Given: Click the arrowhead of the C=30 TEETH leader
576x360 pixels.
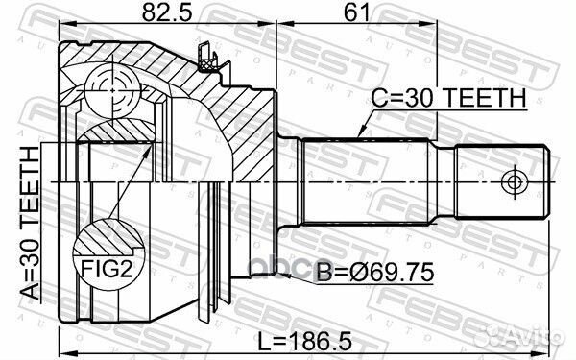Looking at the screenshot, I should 358,134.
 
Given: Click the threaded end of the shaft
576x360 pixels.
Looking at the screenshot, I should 499,180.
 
